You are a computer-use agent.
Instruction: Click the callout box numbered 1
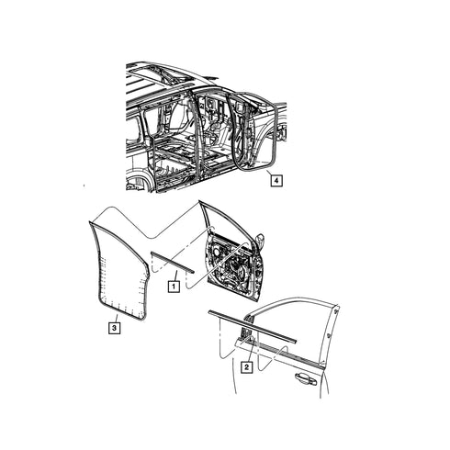174,287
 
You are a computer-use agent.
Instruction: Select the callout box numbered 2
247,366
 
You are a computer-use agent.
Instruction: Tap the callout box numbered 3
114,328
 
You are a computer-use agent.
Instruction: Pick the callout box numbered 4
276,181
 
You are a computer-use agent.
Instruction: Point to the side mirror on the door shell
261,240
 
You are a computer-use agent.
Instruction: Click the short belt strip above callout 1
172,263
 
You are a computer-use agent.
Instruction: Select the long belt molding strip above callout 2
252,327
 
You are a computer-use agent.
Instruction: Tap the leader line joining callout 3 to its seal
116,319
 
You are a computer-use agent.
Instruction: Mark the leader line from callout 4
268,173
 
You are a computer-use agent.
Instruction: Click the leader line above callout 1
175,276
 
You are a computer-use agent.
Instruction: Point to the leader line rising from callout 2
250,349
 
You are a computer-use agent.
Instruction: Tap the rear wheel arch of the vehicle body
137,182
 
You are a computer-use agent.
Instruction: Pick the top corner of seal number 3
90,222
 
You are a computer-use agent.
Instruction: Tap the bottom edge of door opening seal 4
255,167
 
